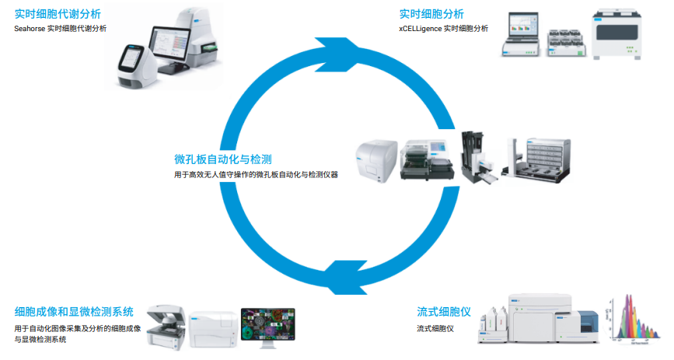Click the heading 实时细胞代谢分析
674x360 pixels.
click(x=58, y=14)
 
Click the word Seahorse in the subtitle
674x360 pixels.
click(x=30, y=28)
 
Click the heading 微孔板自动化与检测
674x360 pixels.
click(x=222, y=159)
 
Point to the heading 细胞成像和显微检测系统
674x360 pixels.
click(x=74, y=312)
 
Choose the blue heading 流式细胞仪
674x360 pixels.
click(x=444, y=312)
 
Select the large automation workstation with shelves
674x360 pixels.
click(x=542, y=159)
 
